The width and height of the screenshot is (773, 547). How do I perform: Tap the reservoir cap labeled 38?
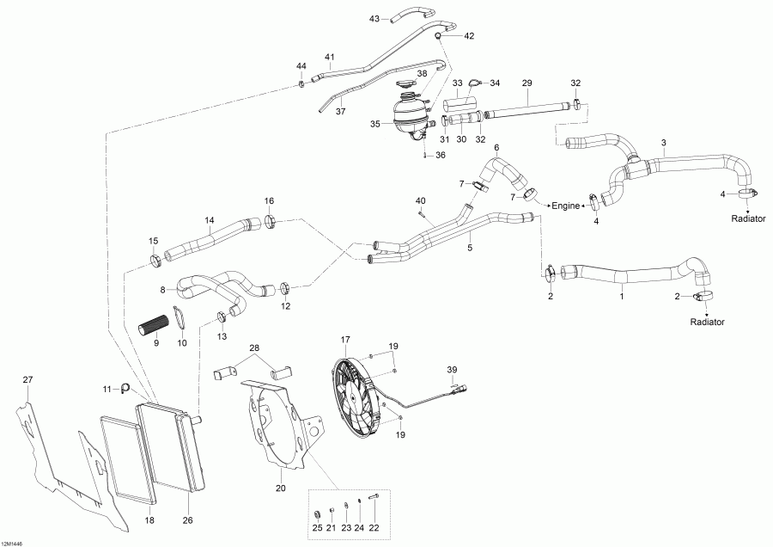407,86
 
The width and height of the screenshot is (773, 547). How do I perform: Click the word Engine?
566,206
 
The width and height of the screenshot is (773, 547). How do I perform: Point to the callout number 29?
526,82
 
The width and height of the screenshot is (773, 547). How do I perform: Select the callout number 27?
27,379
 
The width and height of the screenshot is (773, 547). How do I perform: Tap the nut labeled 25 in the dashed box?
317,505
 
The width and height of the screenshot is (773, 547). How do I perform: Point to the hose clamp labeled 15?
155,260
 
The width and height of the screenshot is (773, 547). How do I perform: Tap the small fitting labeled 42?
437,36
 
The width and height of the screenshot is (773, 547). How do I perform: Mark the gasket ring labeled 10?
179,317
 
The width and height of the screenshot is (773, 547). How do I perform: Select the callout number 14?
209,220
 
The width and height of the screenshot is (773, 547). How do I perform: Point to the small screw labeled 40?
420,212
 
